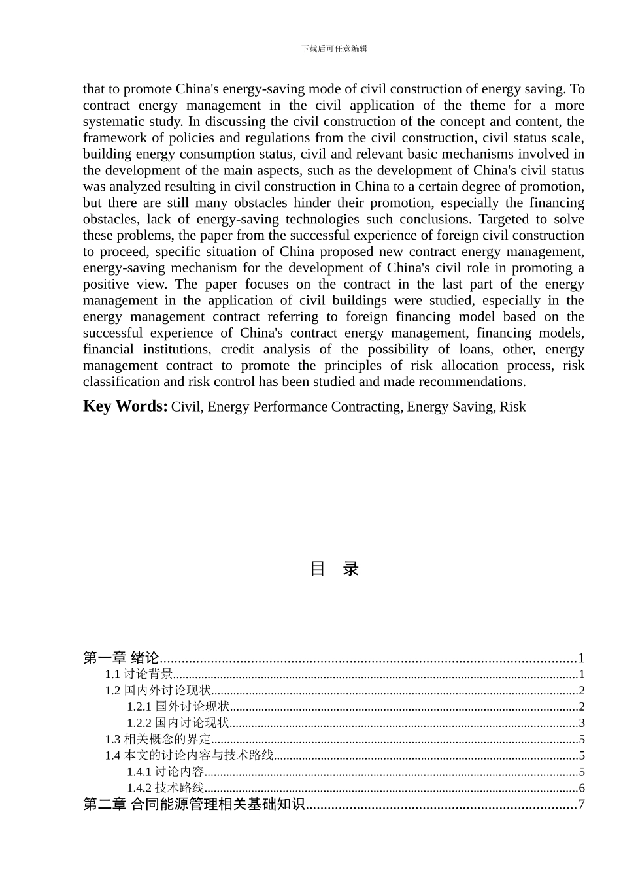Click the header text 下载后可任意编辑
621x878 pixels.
click(x=334, y=48)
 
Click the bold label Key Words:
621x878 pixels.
click(x=125, y=406)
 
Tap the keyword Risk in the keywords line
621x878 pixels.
click(x=512, y=407)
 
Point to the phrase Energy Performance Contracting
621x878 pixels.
click(x=304, y=407)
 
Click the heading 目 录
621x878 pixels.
click(x=334, y=568)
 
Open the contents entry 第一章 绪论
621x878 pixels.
click(x=122, y=658)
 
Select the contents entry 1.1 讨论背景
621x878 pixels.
click(x=139, y=674)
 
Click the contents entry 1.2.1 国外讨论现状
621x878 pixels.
click(x=178, y=707)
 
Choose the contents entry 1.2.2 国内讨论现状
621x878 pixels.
click(x=178, y=723)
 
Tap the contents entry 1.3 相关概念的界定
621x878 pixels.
click(x=158, y=740)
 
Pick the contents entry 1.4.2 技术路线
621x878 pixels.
click(x=165, y=789)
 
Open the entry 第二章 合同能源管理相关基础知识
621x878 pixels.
click(x=194, y=805)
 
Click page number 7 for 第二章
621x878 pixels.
click(x=581, y=805)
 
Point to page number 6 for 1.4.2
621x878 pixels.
click(x=582, y=789)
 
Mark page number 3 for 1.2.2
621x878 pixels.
click(x=582, y=723)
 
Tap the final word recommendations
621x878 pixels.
click(x=472, y=382)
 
